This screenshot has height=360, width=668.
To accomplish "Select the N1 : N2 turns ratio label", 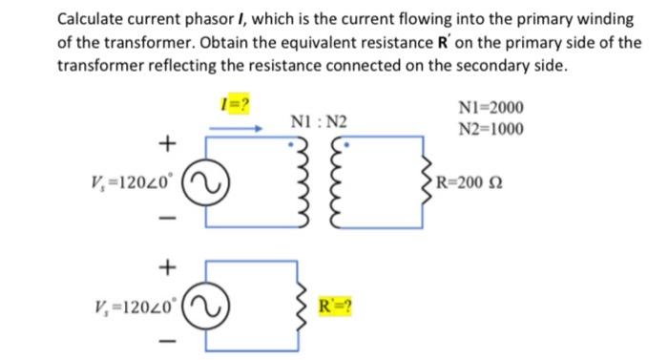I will [319, 122].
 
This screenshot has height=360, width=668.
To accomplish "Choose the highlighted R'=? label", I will [334, 307].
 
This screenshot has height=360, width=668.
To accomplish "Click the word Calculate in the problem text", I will [92, 19].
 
